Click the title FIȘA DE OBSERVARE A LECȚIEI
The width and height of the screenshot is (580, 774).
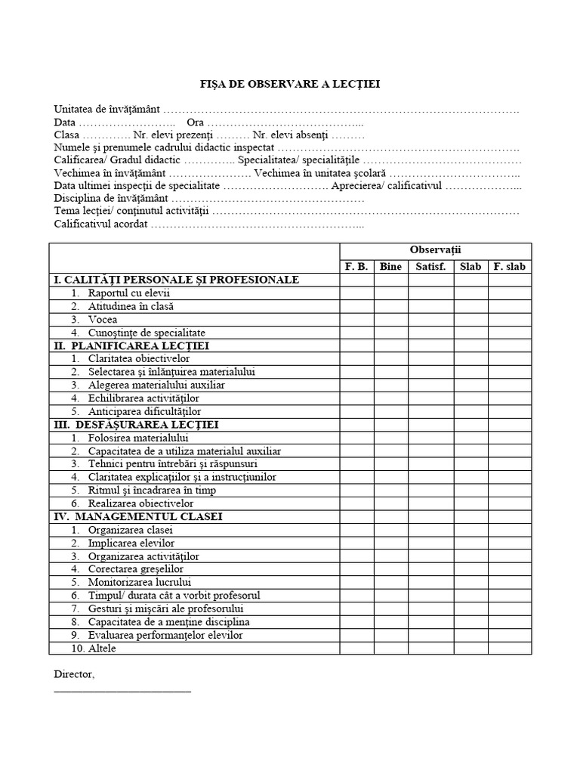(290, 84)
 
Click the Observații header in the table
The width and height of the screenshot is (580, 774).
(435, 249)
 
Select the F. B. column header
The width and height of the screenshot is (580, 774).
(356, 267)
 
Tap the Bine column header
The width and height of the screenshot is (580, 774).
(390, 267)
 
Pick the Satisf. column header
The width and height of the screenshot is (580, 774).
(430, 267)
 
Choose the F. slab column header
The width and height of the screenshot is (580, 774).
(510, 267)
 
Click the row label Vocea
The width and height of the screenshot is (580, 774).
(102, 320)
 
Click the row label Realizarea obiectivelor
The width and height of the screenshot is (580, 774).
(140, 503)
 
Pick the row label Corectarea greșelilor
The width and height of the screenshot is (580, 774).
(135, 569)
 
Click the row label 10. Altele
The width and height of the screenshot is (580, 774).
(94, 649)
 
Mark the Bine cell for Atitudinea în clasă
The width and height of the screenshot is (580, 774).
(390, 307)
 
